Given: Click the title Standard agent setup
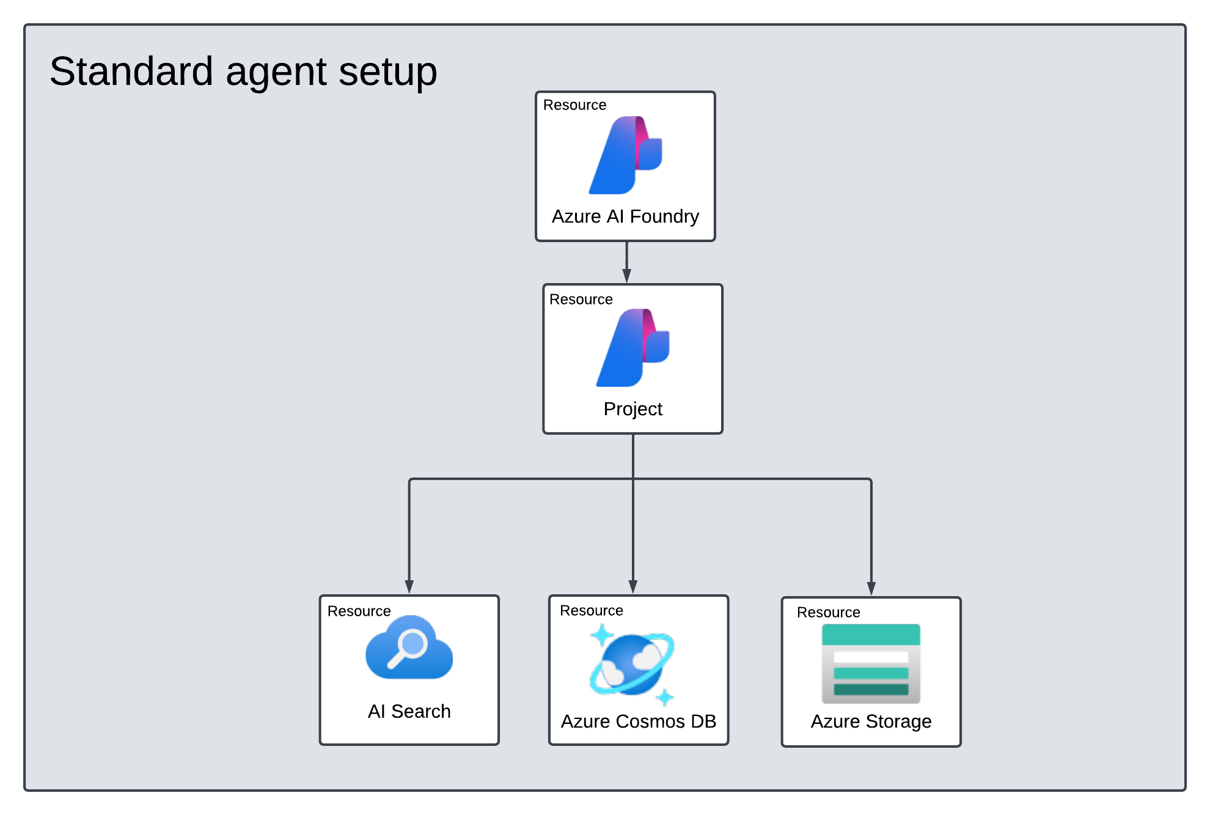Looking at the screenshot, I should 243,72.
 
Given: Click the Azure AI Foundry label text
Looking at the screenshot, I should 625,216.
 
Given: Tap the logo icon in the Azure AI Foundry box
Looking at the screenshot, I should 625,155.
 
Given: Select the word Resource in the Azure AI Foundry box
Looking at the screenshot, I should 574,105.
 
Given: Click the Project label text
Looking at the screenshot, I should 632,409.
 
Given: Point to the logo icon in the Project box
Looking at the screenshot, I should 632,348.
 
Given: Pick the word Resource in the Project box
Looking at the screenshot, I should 581,300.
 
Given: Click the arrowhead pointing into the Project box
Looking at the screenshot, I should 626,276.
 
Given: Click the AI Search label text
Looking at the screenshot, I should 409,712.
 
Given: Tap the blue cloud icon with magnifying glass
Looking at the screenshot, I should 409,648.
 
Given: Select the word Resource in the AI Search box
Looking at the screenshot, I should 359,611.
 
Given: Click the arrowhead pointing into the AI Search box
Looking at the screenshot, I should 409,586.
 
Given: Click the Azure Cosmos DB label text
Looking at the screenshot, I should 638,721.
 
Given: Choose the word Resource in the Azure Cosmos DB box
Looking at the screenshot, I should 591,611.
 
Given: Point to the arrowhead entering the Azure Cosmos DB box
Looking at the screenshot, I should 633,586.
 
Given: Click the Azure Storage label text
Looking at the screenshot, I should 871,721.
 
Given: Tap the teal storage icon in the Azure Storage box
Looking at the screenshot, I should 871,663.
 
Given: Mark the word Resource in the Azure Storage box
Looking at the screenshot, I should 828,613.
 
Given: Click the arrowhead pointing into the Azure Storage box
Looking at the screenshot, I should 871,588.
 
